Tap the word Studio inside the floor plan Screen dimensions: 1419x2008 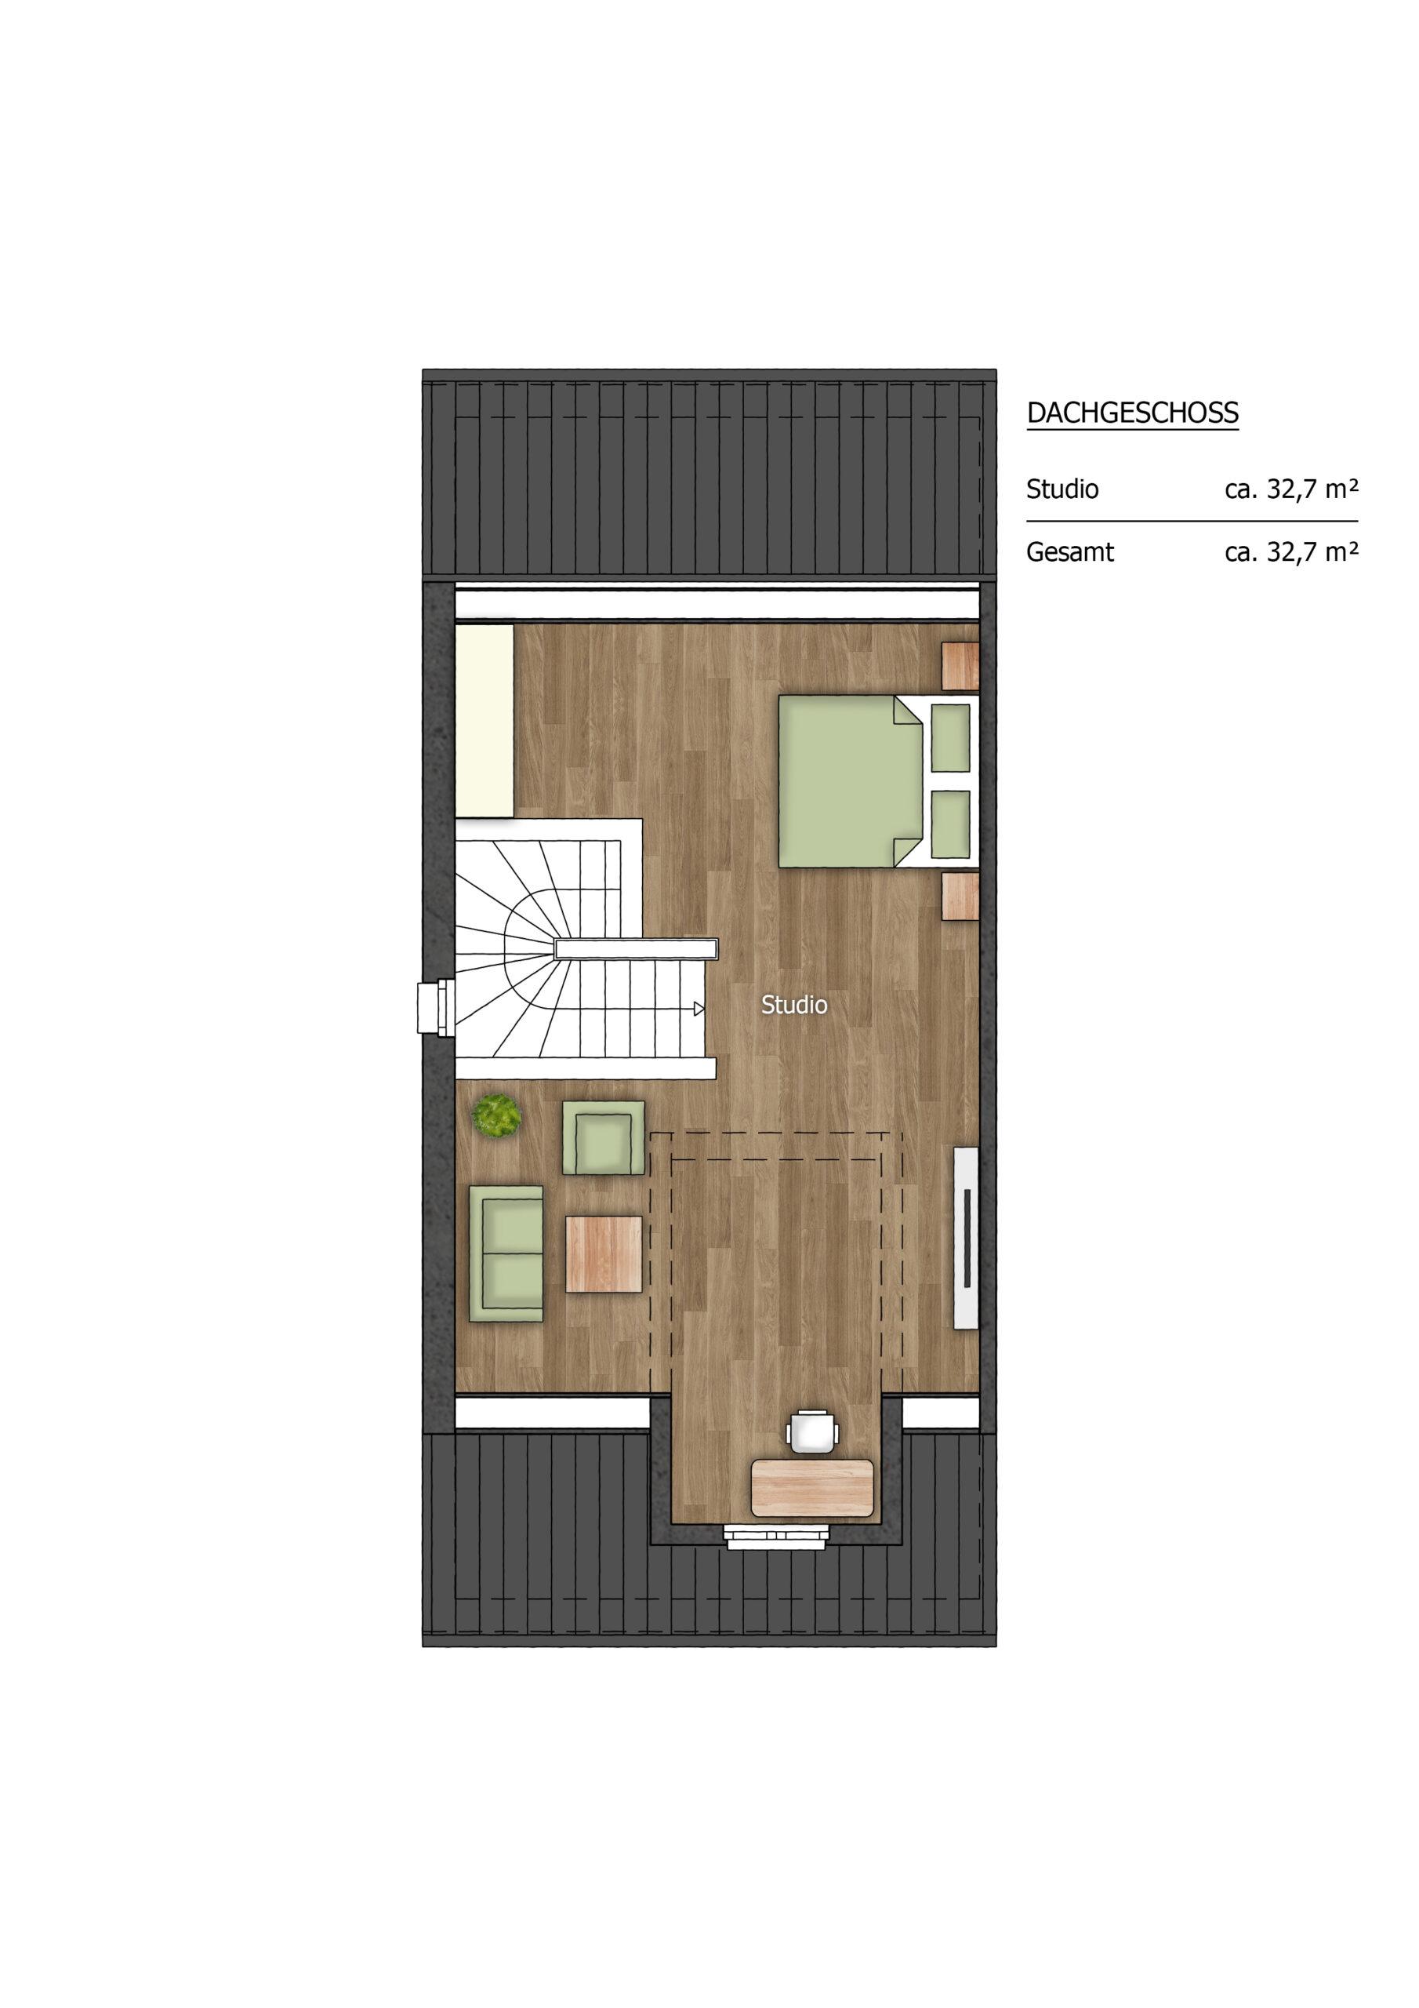click(x=794, y=1005)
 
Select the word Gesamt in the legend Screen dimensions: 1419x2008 click(x=1070, y=553)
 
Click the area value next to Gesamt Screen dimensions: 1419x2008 click(x=1291, y=553)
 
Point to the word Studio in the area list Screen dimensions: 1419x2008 click(x=1062, y=489)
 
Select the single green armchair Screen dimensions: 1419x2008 click(x=604, y=1138)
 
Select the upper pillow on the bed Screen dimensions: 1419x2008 click(x=951, y=738)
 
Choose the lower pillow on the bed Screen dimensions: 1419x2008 click(x=951, y=824)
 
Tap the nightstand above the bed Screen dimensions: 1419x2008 click(x=960, y=667)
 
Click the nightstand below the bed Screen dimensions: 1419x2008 click(x=960, y=896)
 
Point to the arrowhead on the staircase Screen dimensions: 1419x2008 click(x=699, y=1009)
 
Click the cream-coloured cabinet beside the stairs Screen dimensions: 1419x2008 click(x=485, y=721)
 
